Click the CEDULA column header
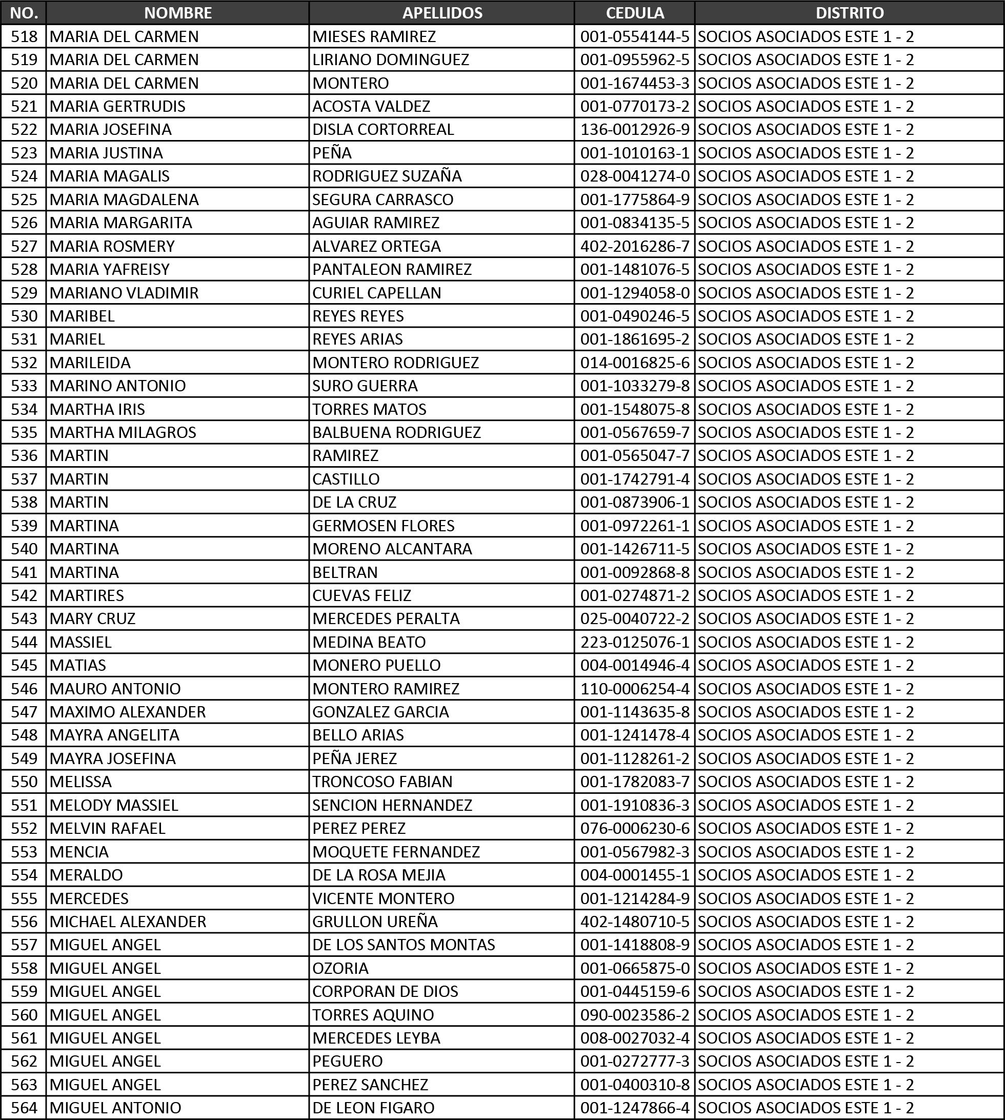634,13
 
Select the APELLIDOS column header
442,13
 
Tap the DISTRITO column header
849,13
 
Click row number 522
24,129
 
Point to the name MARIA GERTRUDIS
117,106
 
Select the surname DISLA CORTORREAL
383,129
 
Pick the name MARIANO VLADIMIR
124,293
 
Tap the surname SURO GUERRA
365,386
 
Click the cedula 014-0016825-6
634,362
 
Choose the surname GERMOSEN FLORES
383,525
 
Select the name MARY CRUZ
92,618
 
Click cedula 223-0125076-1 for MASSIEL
634,642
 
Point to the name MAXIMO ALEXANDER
128,712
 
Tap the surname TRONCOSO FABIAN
382,782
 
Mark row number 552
24,828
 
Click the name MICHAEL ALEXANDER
128,921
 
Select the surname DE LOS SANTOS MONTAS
404,945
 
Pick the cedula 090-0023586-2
634,1014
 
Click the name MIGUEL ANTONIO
115,1107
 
